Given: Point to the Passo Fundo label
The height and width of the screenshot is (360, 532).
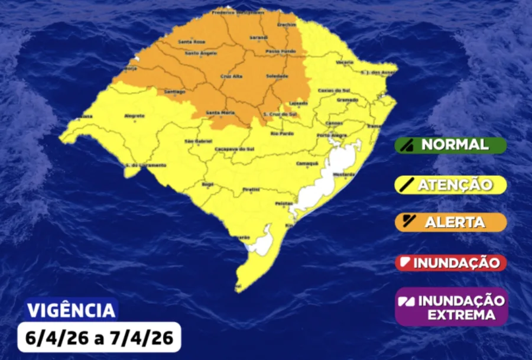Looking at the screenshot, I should pos(277,52).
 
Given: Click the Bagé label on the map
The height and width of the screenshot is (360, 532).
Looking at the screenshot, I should pos(207,184).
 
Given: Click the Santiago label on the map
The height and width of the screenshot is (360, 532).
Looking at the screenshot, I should pos(175,92).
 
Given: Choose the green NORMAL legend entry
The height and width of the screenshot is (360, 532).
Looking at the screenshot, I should pos(450,145).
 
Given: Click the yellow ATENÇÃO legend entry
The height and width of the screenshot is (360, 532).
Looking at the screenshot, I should pos(450,184).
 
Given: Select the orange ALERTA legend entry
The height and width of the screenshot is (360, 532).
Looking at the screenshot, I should pos(450,222).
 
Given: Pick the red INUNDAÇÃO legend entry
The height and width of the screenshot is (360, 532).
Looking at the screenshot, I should pos(450,262).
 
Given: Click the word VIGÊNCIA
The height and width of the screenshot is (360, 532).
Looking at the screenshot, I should pos(72,310).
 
